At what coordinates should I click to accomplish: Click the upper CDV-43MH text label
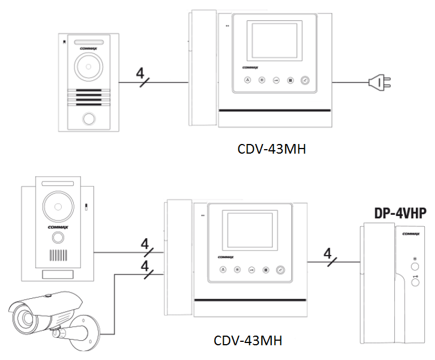click(x=272, y=150)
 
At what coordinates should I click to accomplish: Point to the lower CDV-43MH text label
click(x=248, y=341)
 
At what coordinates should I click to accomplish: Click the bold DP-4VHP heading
click(x=400, y=213)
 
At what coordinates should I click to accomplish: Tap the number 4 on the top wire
click(x=140, y=73)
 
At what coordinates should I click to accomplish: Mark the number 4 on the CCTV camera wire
click(x=144, y=265)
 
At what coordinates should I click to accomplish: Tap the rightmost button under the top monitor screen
click(x=305, y=81)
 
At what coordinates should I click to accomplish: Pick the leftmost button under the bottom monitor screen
click(x=223, y=270)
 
